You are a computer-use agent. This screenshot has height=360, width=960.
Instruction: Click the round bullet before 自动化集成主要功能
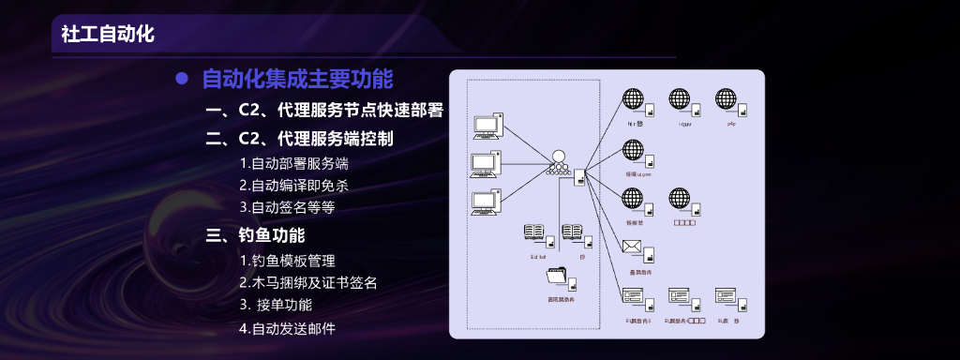183,80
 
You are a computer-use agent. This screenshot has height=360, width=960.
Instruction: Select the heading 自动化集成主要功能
297,80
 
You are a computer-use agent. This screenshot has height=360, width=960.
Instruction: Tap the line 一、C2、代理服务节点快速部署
324,111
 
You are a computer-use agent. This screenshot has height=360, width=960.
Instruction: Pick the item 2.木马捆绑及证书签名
308,282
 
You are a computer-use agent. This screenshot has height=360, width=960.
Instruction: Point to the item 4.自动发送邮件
287,328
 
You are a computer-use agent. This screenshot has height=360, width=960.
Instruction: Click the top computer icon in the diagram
487,125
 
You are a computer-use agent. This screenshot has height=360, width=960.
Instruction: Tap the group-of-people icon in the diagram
560,162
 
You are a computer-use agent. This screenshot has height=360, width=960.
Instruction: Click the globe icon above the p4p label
727,99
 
